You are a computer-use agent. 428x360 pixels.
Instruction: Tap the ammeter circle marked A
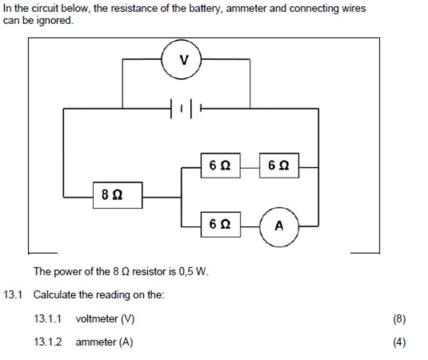pos(279,226)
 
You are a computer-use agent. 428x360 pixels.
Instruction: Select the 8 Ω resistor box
pos(118,195)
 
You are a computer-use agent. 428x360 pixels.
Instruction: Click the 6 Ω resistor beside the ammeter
pos(221,224)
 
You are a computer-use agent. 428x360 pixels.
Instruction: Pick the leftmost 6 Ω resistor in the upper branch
pos(221,165)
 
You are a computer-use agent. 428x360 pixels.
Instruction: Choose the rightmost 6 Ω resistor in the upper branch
pos(279,165)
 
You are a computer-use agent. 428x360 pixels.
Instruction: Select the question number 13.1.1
pos(47,319)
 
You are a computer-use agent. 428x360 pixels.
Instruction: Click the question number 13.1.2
pos(47,342)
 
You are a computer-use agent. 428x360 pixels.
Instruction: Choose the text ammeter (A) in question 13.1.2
pos(104,342)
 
